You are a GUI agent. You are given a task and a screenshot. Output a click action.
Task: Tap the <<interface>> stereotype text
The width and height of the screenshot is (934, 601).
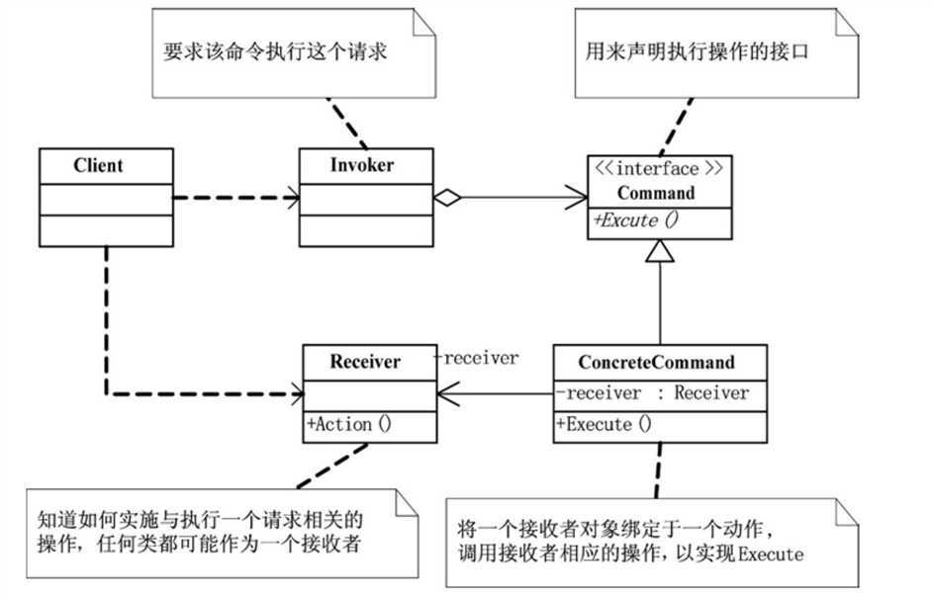coord(660,169)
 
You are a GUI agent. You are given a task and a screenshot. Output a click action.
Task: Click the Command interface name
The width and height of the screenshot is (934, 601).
coord(660,193)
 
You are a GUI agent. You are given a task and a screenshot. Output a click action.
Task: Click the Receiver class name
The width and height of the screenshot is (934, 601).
coord(365,362)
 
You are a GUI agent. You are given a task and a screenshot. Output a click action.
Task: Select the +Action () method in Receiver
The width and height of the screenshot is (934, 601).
coord(350,425)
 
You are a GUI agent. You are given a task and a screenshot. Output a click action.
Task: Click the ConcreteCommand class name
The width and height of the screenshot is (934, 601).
coord(658,362)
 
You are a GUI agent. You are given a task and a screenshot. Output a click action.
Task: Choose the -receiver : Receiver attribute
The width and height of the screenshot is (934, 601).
coord(652,392)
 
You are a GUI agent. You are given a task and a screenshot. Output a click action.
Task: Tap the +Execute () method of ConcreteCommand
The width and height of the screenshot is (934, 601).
coord(605,425)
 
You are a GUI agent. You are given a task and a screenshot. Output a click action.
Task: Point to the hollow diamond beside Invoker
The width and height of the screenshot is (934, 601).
coord(448,198)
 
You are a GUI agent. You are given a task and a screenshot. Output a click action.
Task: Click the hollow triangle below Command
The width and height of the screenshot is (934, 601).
coord(660,254)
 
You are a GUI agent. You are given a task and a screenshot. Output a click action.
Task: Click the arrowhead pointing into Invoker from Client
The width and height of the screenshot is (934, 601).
coord(292,198)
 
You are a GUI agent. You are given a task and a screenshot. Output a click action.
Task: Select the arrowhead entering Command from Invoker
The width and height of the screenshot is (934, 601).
coord(577,198)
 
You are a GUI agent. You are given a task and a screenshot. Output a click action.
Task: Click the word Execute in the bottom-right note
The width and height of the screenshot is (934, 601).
coord(771,555)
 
